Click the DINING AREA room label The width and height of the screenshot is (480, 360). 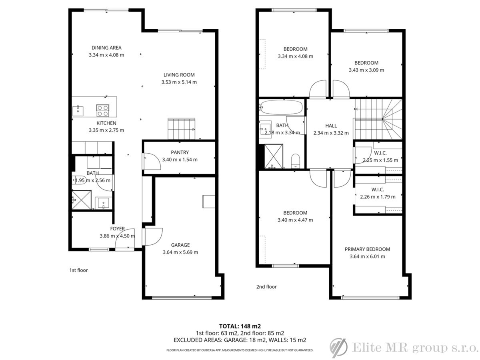click(106, 48)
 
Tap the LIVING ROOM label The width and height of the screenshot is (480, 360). click(179, 75)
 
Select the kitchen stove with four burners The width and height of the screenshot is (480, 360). click(102, 110)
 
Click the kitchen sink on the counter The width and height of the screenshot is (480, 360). click(78, 111)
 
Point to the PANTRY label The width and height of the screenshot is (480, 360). click(180, 152)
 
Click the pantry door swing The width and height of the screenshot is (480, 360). click(152, 161)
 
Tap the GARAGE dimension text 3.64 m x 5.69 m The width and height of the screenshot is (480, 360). click(180, 252)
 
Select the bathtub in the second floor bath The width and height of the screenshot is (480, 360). click(282, 107)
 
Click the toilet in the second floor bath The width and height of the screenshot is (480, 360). click(296, 161)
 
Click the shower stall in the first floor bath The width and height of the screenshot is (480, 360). click(82, 200)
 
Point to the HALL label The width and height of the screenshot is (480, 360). click(331, 126)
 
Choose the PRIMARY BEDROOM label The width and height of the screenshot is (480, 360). click(367, 249)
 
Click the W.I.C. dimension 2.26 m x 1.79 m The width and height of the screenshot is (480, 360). click(378, 197)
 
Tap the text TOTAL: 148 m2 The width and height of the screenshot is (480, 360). click(240, 326)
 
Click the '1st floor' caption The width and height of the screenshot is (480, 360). click(78, 270)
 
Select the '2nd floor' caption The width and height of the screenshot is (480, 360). click(266, 287)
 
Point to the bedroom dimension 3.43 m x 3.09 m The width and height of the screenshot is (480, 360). click(366, 70)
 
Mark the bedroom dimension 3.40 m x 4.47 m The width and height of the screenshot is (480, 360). click(295, 220)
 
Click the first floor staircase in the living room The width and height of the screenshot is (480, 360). click(181, 129)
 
